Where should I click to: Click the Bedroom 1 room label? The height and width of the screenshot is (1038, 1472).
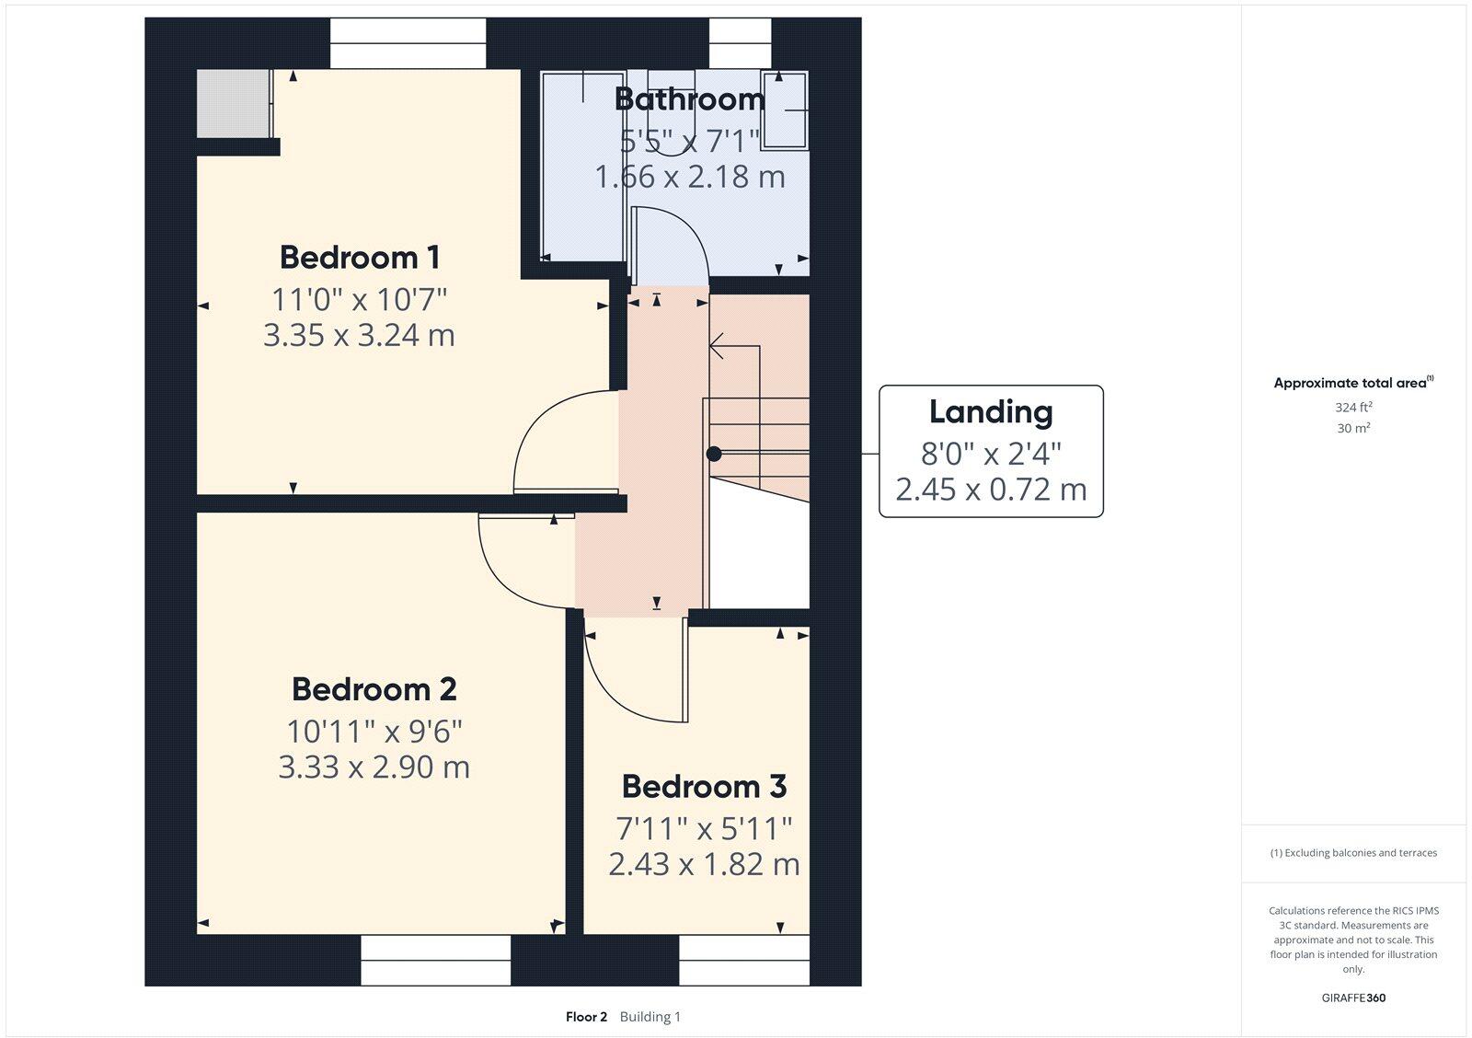[x=359, y=257]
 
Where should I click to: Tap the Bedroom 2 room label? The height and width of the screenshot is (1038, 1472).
[x=374, y=688]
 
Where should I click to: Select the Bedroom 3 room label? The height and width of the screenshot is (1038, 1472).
[x=704, y=786]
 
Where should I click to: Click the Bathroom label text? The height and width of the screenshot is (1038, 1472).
[x=689, y=98]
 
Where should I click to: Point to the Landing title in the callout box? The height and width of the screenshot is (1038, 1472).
[x=990, y=411]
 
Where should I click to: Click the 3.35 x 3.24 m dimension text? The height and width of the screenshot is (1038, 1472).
[x=359, y=335]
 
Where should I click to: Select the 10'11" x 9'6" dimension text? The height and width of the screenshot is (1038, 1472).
[x=374, y=732]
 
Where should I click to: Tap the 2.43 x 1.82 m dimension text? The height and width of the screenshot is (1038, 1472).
[x=704, y=864]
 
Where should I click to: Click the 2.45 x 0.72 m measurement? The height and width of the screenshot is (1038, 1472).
[x=990, y=490]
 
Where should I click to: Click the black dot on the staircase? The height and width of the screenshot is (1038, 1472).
[x=714, y=454]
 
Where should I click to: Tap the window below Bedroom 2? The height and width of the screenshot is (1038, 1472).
[x=435, y=961]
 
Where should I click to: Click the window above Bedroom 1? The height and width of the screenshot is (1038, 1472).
[x=408, y=42]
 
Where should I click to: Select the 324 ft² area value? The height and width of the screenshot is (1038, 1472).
[x=1352, y=407]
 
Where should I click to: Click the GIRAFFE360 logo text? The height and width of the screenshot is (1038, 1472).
[x=1353, y=998]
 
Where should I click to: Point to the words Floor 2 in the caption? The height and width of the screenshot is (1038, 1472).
[x=586, y=1017]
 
